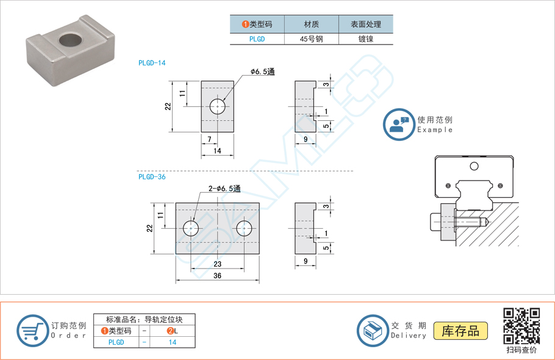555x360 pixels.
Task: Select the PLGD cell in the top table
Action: pos(257,38)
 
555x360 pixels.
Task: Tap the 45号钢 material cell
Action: pos(311,38)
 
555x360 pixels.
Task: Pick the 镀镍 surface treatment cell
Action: pos(365,38)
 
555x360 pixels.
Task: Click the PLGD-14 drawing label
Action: pos(152,63)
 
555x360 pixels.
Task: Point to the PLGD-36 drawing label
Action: pos(152,177)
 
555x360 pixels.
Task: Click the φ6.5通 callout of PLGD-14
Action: pos(263,72)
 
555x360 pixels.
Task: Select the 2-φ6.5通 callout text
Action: pos(224,189)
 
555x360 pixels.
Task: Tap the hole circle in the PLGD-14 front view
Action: pos(218,107)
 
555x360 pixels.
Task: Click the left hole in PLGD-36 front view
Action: pos(191,229)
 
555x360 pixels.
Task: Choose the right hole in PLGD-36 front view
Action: pos(245,229)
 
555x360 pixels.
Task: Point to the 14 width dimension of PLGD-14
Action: pos(217,150)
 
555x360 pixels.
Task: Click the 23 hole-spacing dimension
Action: pos(217,264)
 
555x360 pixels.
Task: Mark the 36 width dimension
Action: pos(217,276)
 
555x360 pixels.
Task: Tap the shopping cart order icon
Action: pos(32,331)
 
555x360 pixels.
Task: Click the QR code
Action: pos(521,326)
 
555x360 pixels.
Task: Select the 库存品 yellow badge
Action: pos(460,331)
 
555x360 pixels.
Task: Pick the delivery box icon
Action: pos(372,331)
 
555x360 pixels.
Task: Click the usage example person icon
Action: pos(398,124)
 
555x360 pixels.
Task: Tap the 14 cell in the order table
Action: pos(173,342)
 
